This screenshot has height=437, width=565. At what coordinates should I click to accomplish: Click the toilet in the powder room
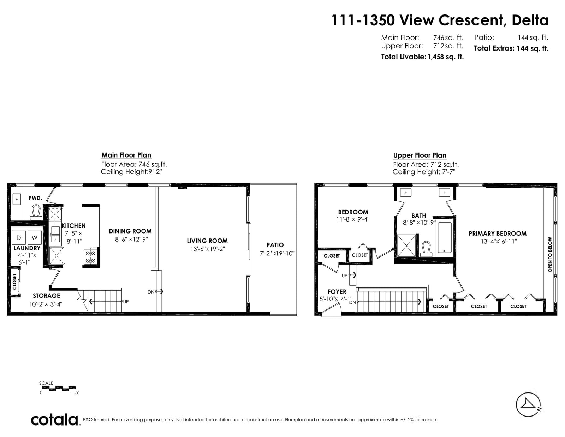coord(36,212)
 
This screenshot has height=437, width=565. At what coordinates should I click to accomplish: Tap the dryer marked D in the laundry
coord(19,237)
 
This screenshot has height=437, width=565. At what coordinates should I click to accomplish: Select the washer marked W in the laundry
coord(35,237)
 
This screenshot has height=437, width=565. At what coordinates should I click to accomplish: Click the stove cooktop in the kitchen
coord(90,257)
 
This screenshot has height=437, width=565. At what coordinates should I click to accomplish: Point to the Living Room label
coord(207,241)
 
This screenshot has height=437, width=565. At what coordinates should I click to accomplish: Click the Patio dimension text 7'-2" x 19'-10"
coord(277,253)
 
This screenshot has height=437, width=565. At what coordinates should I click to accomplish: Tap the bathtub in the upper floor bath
coord(445,237)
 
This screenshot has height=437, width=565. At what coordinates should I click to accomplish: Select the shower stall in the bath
coord(407,246)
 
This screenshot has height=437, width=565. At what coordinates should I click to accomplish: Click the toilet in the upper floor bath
coord(426,249)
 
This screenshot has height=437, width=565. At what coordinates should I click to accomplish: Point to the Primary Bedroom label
coord(498,234)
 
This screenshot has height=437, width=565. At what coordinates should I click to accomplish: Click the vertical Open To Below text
coord(550,254)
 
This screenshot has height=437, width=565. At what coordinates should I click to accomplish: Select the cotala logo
coord(55,420)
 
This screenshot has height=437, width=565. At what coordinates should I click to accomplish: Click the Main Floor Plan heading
coord(126,155)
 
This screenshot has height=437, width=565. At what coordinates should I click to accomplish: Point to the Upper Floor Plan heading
coord(420,155)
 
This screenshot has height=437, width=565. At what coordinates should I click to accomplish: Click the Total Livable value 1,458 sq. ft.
coord(446,57)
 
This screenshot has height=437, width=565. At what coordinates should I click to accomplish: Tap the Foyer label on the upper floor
coord(337,291)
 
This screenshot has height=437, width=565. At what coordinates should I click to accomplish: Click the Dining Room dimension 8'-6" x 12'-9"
coord(132,239)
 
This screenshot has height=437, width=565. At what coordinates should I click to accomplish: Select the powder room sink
coord(17,199)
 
